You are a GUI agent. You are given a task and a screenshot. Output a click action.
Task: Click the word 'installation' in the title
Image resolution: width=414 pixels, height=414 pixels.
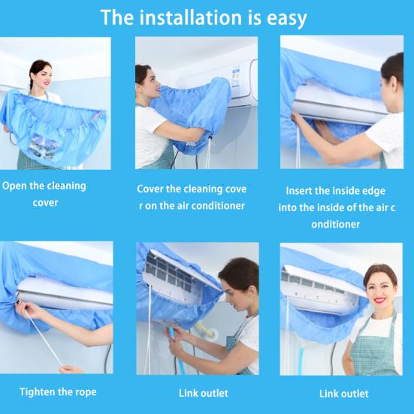coord(190,17)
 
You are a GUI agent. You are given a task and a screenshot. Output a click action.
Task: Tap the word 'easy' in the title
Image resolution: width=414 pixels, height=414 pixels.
coord(287,19)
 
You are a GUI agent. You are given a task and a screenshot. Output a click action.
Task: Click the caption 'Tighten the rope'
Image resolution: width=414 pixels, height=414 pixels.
coord(58,392)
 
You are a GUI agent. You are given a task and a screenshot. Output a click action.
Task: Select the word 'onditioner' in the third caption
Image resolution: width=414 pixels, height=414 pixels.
coord(336,225)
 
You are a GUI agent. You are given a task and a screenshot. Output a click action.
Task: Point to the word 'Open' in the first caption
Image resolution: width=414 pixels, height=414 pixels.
coord(14,186)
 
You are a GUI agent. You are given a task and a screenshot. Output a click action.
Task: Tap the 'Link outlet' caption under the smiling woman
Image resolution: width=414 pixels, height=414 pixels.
coord(344,394)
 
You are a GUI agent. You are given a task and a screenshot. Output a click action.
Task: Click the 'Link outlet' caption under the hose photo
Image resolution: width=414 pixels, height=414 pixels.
coord(204,393)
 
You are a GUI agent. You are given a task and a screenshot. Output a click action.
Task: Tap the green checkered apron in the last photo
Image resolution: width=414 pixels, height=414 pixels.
coord(373,349)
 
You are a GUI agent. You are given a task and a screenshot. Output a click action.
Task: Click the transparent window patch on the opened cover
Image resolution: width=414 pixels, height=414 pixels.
coord(44,146)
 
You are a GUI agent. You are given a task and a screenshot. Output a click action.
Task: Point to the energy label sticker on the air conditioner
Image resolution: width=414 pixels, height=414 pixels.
coord(236,77)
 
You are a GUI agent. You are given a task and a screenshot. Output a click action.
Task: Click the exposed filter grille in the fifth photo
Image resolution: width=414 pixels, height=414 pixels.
coord(168,272)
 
